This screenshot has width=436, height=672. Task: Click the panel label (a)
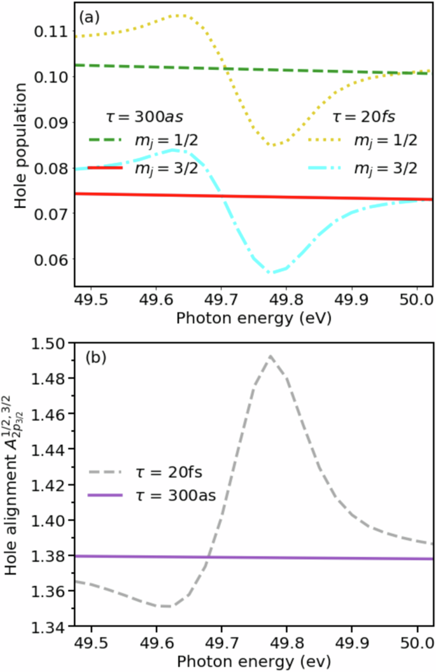coord(88,17)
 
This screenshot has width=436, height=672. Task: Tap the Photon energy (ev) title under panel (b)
coord(253,659)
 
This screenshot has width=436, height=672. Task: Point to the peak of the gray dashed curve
coord(271,356)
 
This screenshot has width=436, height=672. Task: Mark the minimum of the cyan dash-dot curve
coord(272,272)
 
